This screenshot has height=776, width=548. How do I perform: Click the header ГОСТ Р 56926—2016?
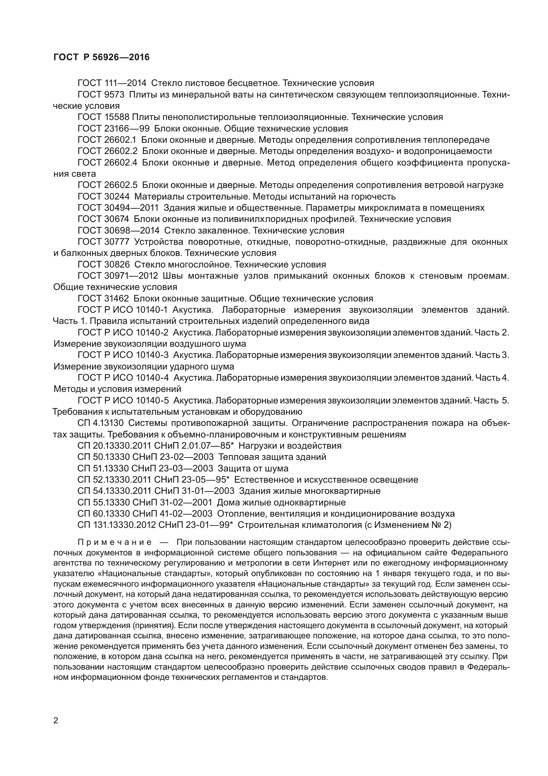point(101,57)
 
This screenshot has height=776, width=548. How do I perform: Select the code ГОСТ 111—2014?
point(112,83)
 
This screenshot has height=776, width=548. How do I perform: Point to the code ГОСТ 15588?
point(103,117)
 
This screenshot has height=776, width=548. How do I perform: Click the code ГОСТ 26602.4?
point(107,162)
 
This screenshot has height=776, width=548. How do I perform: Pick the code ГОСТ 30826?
point(103,264)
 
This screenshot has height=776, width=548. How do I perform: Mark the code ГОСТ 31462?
point(103,298)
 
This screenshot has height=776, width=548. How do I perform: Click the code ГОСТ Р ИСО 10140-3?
point(123,355)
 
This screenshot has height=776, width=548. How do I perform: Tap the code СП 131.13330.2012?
point(116,525)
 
